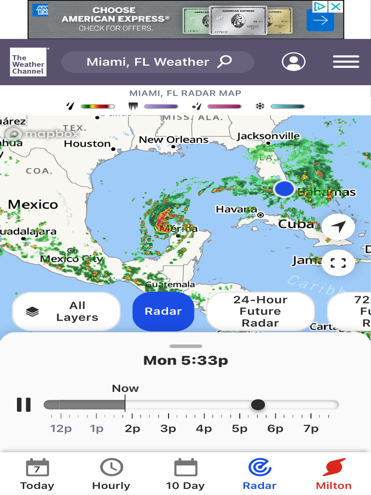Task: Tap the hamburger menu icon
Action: click(x=346, y=62)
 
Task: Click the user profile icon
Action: click(x=294, y=62)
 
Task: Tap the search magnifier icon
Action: click(x=225, y=61)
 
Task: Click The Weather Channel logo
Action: click(x=28, y=62)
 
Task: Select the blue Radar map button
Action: click(x=163, y=311)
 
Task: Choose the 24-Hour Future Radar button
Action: click(x=260, y=311)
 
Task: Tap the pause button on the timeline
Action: click(x=24, y=405)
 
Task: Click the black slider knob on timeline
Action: click(x=258, y=405)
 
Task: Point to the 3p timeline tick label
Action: click(x=168, y=429)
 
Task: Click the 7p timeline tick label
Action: click(x=311, y=429)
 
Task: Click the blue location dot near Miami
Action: click(x=284, y=189)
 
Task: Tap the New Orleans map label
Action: click(x=173, y=140)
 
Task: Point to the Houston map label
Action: click(x=87, y=144)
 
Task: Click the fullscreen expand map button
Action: click(x=338, y=263)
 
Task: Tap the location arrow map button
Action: click(x=338, y=226)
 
